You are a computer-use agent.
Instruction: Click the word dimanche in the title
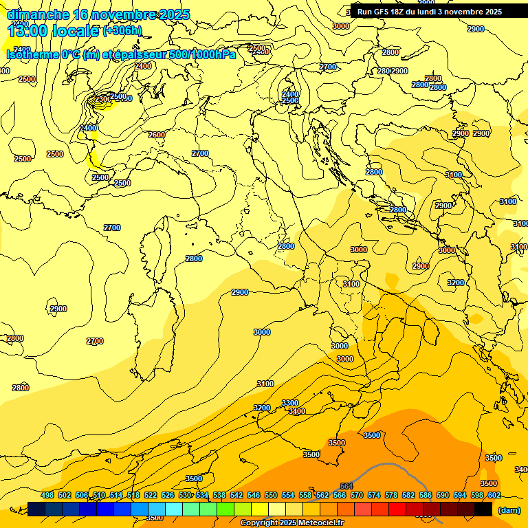pos(37,14)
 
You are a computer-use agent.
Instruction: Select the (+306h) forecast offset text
pos(122,31)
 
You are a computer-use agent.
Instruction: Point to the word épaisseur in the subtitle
pos(138,54)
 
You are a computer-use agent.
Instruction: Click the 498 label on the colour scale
pos(47,494)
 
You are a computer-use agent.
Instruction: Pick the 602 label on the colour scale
pos(494,494)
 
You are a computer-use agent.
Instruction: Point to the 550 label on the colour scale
pos(271,494)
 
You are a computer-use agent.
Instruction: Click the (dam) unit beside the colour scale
pos(509,510)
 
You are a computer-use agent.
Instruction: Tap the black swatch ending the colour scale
pos(483,509)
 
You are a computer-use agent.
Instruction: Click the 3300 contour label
pos(290,403)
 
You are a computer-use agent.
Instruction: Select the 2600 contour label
pos(157,135)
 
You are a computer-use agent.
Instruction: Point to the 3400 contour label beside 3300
pos(297,411)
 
